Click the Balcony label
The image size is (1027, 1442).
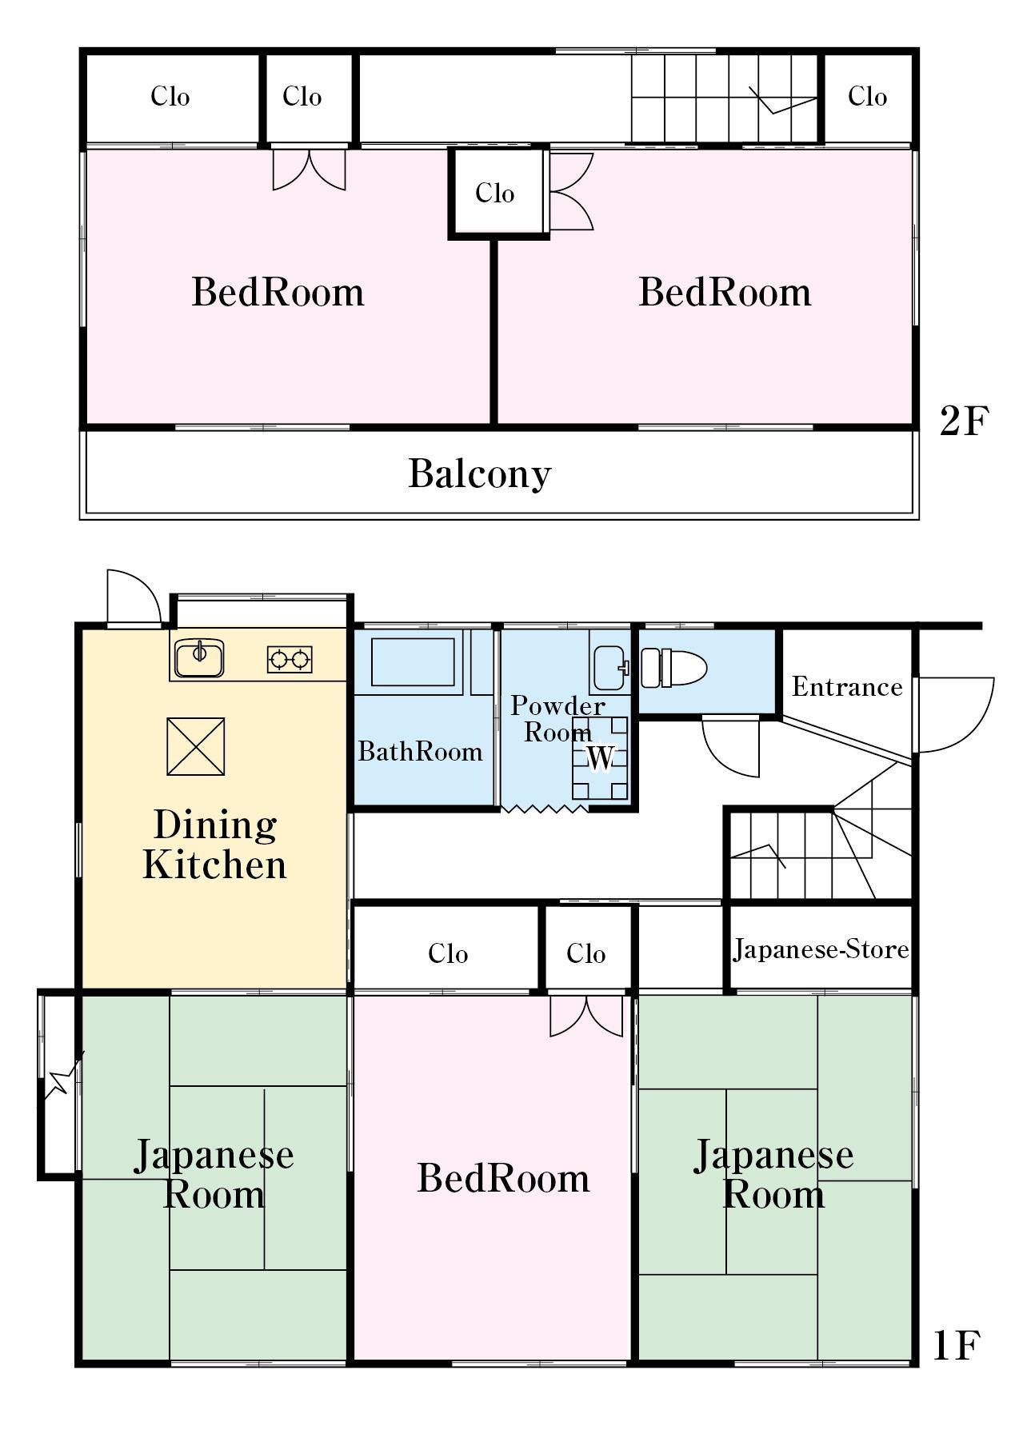tap(480, 473)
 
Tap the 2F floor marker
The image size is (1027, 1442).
tap(964, 421)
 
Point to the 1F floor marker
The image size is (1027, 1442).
tap(957, 1346)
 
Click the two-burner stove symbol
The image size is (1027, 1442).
tap(289, 659)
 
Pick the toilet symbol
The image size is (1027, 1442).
tap(673, 667)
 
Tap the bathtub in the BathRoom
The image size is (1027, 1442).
tap(413, 661)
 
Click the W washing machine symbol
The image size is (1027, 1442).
tap(600, 757)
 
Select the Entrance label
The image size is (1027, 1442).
tap(846, 687)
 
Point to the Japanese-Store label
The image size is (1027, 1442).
tap(821, 949)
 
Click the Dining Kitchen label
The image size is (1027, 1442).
tap(214, 845)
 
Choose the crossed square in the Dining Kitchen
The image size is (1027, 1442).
tap(195, 746)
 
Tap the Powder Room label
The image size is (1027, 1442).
tap(557, 718)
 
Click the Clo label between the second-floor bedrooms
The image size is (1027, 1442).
tap(494, 193)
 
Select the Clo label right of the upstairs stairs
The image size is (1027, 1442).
tap(867, 97)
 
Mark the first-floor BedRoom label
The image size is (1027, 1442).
tap(503, 1178)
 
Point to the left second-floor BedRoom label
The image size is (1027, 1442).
tap(278, 292)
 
